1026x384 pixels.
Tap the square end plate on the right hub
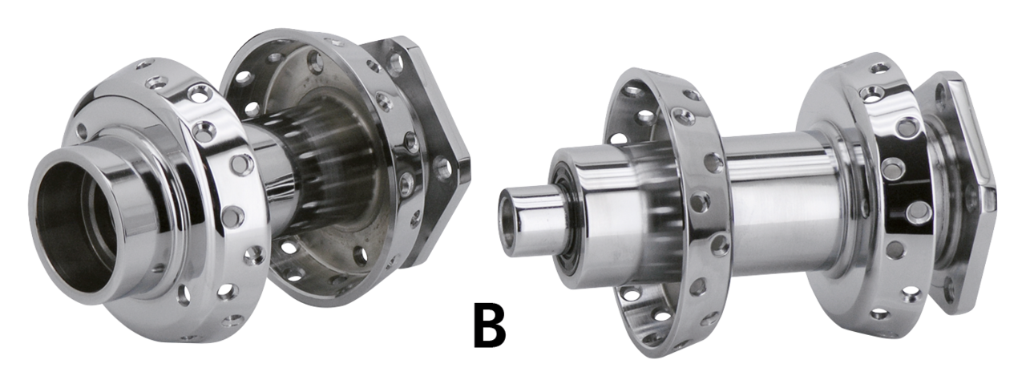tap(957, 192)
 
